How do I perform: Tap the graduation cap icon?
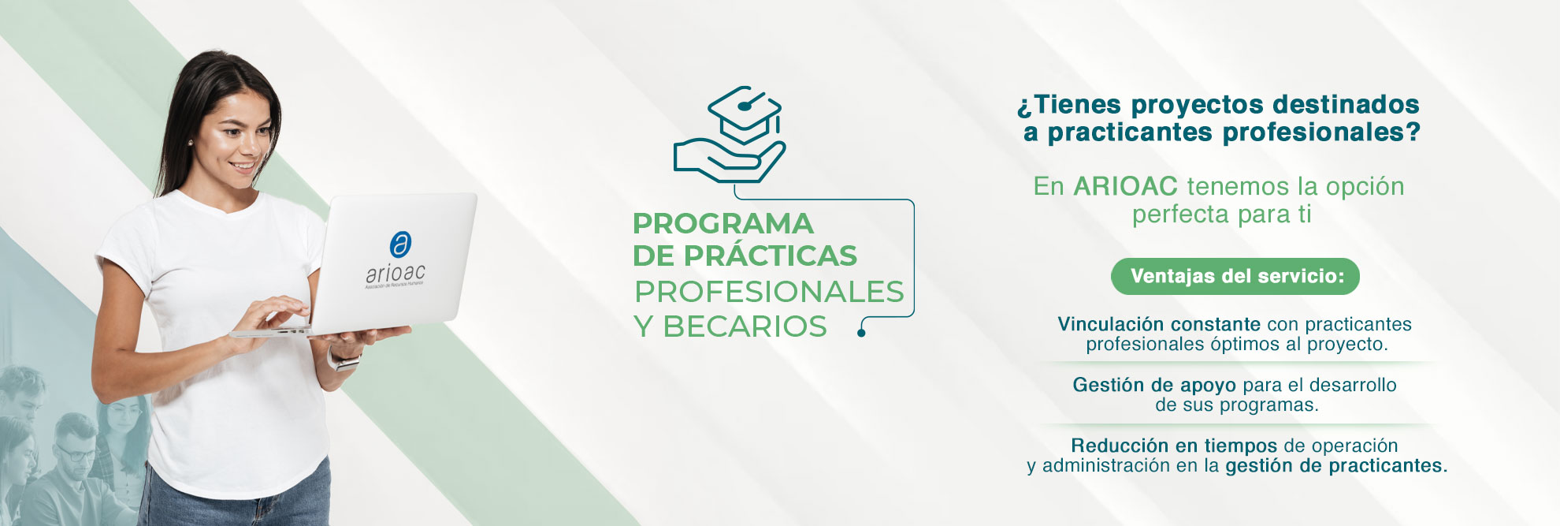pyautogui.click(x=745, y=114)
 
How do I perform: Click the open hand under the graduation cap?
pyautogui.click(x=729, y=161)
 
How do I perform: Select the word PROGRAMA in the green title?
pyautogui.click(x=722, y=223)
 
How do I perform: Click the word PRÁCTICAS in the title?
pyautogui.click(x=770, y=256)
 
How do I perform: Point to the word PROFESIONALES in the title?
pyautogui.click(x=769, y=292)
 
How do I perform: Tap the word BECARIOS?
pyautogui.click(x=745, y=326)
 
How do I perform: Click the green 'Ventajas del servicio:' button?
pyautogui.click(x=1235, y=276)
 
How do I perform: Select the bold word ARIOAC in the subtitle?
pyautogui.click(x=1125, y=186)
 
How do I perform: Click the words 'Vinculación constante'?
pyautogui.click(x=1159, y=324)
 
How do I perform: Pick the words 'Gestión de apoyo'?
pyautogui.click(x=1154, y=385)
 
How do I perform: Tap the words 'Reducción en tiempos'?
pyautogui.click(x=1174, y=446)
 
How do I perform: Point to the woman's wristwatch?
pyautogui.click(x=344, y=360)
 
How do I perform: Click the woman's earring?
pyautogui.click(x=190, y=143)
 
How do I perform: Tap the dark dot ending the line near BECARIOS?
pyautogui.click(x=861, y=333)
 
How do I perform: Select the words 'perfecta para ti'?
pyautogui.click(x=1221, y=214)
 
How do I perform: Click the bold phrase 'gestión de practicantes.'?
pyautogui.click(x=1336, y=465)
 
